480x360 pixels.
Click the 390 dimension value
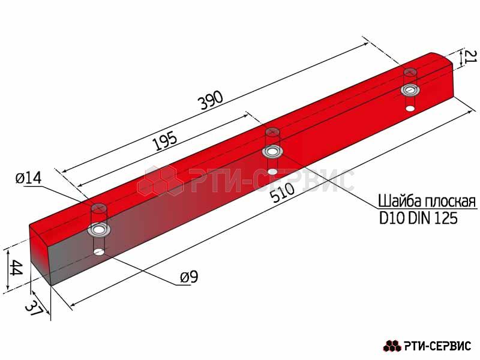(211, 100)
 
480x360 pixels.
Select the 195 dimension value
(165, 141)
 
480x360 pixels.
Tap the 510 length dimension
(283, 193)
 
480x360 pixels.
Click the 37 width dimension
(34, 308)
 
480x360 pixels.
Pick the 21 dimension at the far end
(471, 56)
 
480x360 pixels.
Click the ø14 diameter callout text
(28, 178)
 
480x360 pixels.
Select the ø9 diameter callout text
(189, 277)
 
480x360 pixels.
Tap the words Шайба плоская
(427, 201)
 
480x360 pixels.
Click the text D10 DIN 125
(418, 218)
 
